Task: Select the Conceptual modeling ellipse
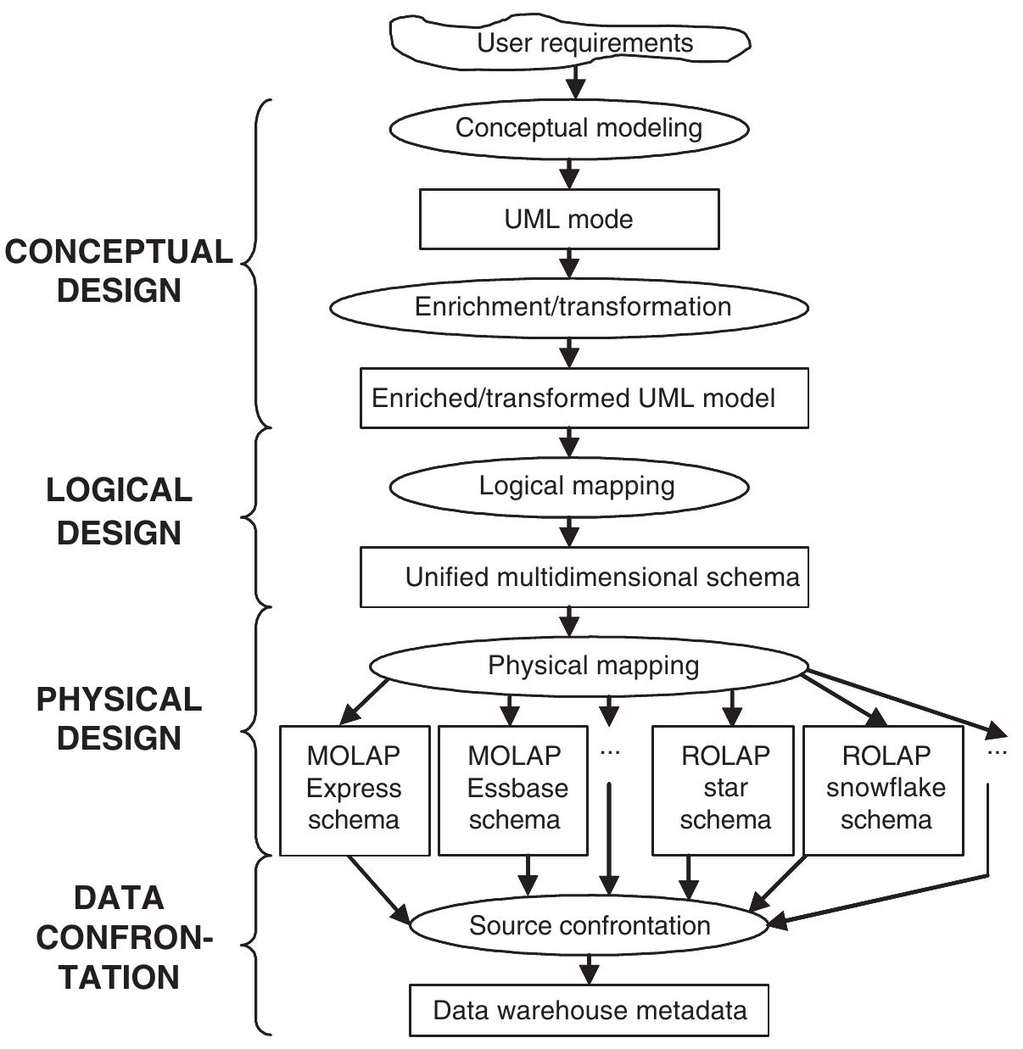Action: tap(569, 128)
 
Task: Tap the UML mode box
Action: tap(569, 219)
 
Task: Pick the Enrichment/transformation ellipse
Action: tap(569, 307)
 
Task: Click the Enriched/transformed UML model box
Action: tap(584, 398)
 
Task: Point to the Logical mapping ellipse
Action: tap(569, 486)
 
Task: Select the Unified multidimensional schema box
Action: tap(584, 578)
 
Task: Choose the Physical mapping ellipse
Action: tap(589, 666)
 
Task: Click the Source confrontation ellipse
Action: tap(589, 925)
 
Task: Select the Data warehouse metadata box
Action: tap(589, 1010)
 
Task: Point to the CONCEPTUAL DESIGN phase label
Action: tap(119, 271)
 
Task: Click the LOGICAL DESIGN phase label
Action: tap(119, 511)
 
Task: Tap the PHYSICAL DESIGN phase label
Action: tap(119, 718)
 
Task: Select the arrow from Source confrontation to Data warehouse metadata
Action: tap(589, 969)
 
